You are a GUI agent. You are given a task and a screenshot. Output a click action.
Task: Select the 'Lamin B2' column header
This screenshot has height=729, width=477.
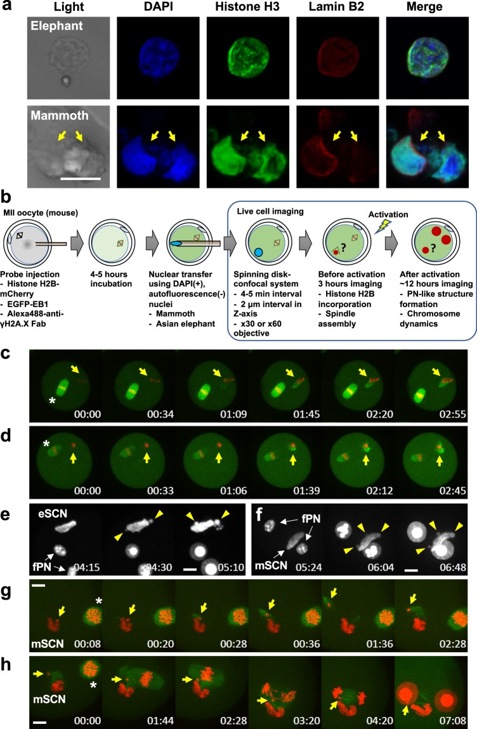(x=334, y=9)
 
